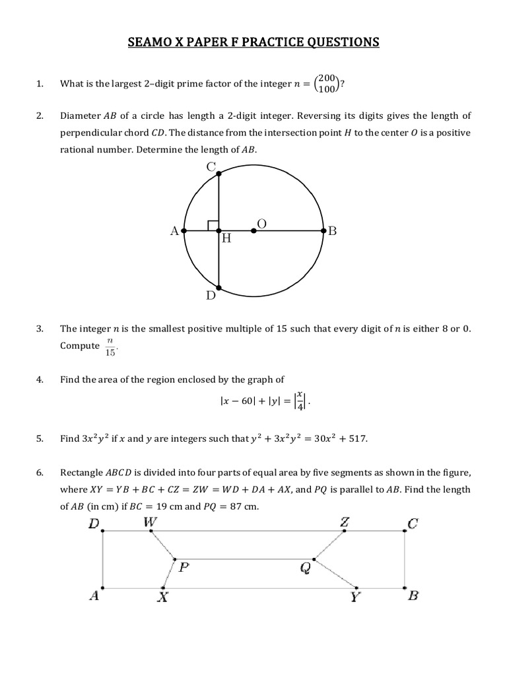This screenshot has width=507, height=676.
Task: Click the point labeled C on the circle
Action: pyautogui.click(x=219, y=173)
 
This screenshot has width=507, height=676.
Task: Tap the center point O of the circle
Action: pyautogui.click(x=254, y=231)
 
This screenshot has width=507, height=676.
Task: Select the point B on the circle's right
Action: pyautogui.click(x=323, y=231)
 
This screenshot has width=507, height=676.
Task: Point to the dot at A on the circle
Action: pyautogui.click(x=184, y=231)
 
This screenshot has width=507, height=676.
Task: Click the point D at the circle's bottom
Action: pyautogui.click(x=219, y=288)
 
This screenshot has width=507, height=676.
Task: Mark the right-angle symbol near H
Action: pyautogui.click(x=213, y=226)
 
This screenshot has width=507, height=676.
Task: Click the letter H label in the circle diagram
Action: pyautogui.click(x=226, y=240)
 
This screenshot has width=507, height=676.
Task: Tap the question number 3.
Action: pyautogui.click(x=40, y=328)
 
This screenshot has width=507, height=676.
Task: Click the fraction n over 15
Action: pyautogui.click(x=110, y=347)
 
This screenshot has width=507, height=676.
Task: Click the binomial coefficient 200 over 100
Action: pyautogui.click(x=327, y=83)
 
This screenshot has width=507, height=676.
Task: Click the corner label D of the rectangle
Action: pyautogui.click(x=94, y=524)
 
